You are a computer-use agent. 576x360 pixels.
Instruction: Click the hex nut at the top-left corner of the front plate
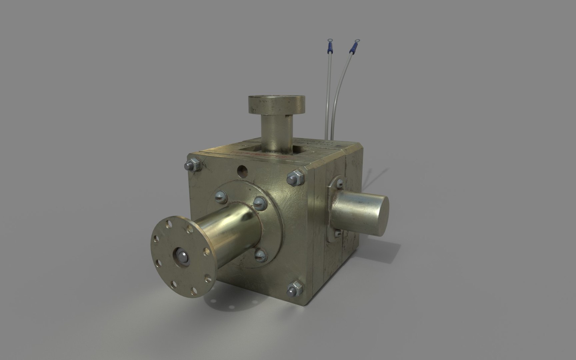[192, 165]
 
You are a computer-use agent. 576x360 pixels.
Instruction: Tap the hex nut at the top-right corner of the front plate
[296, 177]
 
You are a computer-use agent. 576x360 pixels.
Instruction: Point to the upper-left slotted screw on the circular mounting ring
[220, 195]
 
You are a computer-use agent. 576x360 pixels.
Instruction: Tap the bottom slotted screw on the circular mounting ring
[260, 255]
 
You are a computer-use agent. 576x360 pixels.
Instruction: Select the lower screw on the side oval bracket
[338, 233]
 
